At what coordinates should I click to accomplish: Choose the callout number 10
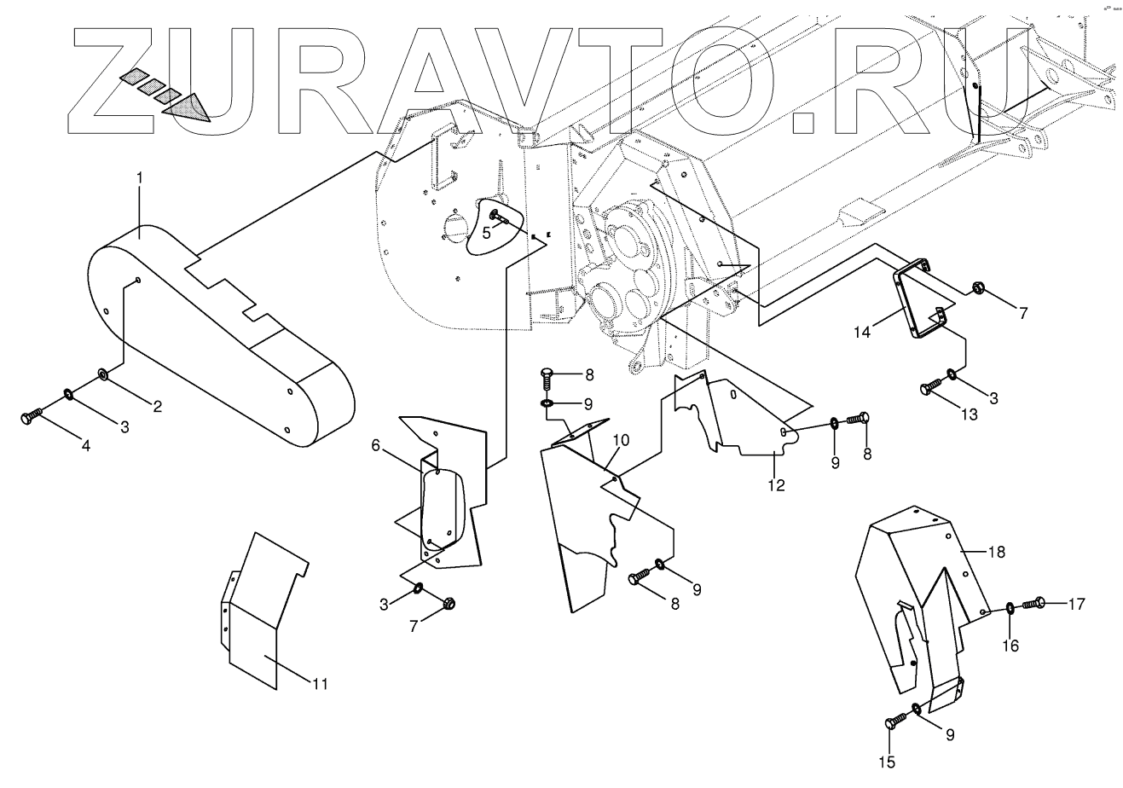click(621, 440)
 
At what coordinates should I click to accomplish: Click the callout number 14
click(864, 332)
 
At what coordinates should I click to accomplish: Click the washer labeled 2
click(103, 374)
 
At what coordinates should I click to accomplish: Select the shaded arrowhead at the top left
click(189, 106)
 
